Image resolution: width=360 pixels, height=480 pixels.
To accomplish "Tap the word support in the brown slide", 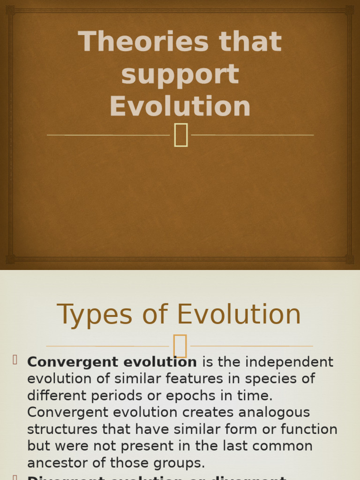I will click(180, 75).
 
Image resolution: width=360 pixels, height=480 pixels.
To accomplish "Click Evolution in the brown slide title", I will click(180, 106).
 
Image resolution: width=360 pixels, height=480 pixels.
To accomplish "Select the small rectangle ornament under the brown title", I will click(181, 135).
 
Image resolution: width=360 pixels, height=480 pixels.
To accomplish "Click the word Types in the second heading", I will click(94, 315).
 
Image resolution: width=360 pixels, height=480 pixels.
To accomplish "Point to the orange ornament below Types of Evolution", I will click(180, 346).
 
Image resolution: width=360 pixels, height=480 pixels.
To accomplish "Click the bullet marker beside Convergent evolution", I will click(15, 360).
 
